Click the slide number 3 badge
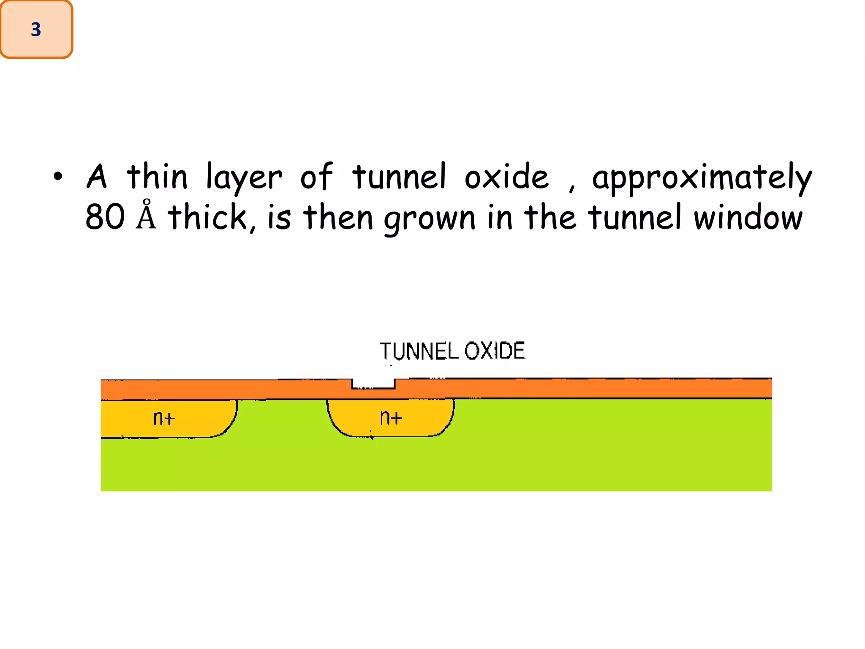tap(36, 29)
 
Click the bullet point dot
tap(58, 177)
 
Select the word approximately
tap(702, 178)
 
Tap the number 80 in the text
tap(105, 217)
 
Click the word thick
tap(210, 217)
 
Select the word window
tap(748, 217)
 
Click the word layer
tap(244, 178)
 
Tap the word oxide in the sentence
tap(506, 177)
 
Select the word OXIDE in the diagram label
tap(495, 351)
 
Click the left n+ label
tap(163, 418)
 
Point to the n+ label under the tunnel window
tap(391, 417)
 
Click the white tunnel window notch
tap(373, 383)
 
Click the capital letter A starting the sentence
tap(97, 177)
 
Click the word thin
tap(157, 177)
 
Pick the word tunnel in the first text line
tap(399, 177)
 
